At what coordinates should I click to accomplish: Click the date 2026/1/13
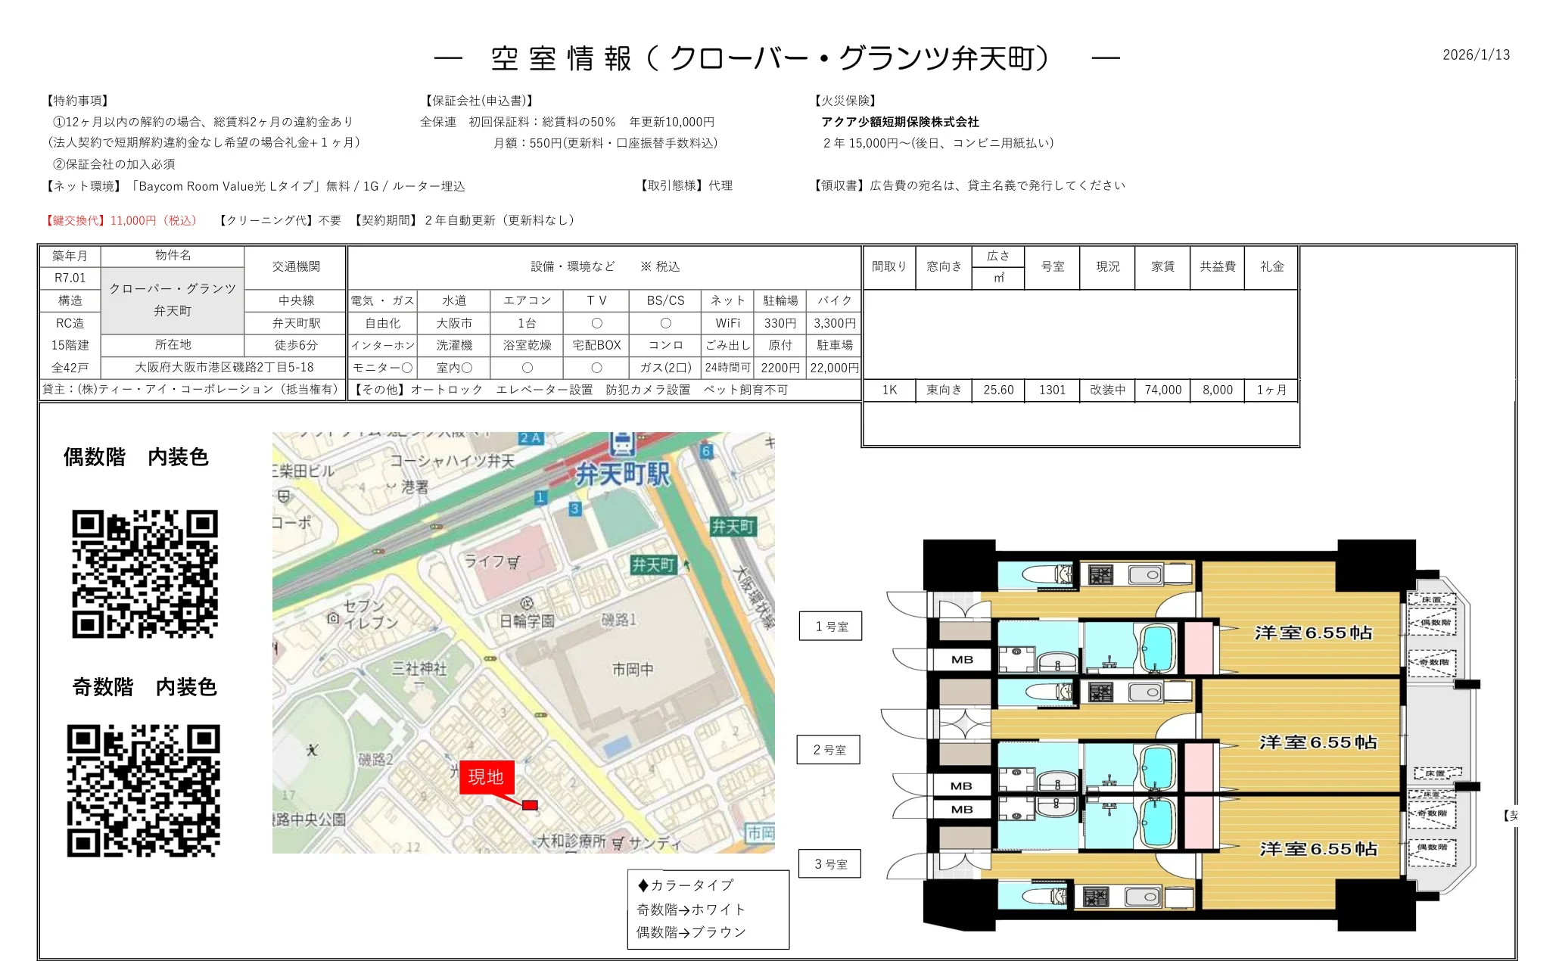tap(1476, 54)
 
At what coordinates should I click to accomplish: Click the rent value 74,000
tap(1162, 390)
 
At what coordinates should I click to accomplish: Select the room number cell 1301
tap(1052, 390)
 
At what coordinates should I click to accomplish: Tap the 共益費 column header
tap(1217, 266)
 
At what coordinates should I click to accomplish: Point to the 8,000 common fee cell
tap(1217, 390)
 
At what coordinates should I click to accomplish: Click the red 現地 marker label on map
tap(486, 777)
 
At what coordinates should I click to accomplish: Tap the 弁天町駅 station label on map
tap(622, 474)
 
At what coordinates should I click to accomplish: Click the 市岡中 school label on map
tap(633, 670)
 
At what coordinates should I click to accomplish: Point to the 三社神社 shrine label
tap(419, 669)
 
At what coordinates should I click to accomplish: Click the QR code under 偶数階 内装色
tap(145, 574)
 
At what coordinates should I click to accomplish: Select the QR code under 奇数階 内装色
tap(144, 791)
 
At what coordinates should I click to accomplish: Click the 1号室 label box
tap(831, 627)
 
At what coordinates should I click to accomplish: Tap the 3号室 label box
tap(830, 864)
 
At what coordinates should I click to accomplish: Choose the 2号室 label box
tap(829, 750)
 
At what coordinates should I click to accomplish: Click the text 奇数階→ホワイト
tap(690, 910)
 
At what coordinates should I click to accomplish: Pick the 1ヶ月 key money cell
tap(1271, 390)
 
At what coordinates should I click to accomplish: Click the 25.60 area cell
tap(998, 390)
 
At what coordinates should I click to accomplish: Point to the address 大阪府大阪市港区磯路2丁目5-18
tap(224, 367)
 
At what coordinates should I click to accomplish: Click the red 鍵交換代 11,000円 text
tap(121, 220)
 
